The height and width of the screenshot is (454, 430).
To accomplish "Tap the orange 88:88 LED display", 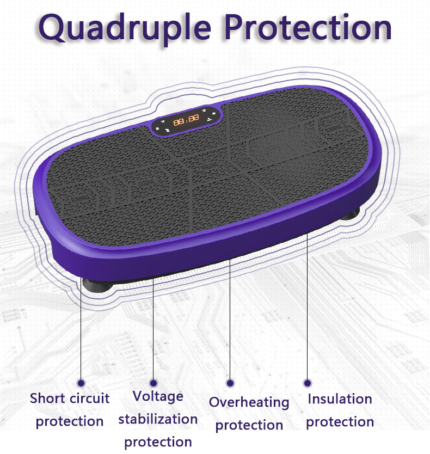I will click(x=186, y=120).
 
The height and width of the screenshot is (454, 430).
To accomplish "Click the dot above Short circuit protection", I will click(x=81, y=383).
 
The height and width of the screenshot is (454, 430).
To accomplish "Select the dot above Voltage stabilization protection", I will click(x=153, y=383).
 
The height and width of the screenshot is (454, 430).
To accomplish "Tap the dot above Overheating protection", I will click(x=230, y=383).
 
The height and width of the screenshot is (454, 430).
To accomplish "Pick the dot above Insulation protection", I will click(x=308, y=383).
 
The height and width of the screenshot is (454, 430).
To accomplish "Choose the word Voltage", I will click(x=158, y=396).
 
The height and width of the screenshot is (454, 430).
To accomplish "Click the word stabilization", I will click(x=158, y=419).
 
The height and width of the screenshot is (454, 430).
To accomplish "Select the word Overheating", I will click(x=249, y=403).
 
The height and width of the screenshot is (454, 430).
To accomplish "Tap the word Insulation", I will click(x=340, y=399).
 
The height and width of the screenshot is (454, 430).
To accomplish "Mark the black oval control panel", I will click(x=186, y=120).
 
